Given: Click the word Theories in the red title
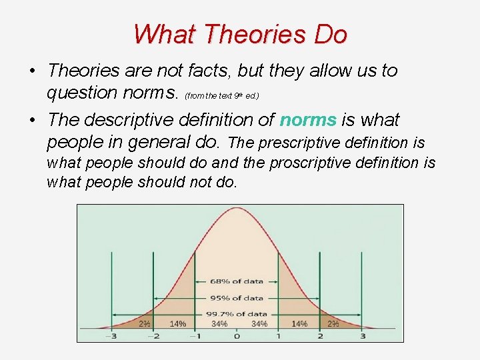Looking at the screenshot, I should click(x=240, y=34).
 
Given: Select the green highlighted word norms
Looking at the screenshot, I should click(x=308, y=120).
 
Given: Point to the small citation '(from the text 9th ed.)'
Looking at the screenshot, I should click(x=222, y=95).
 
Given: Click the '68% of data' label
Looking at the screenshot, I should click(x=237, y=281).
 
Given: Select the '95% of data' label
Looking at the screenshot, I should click(x=237, y=297).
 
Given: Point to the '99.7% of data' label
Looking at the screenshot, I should click(x=237, y=313).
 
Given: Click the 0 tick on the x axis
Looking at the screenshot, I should click(x=237, y=336).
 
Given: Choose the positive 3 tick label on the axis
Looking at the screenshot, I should click(x=363, y=336).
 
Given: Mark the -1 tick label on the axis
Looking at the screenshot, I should click(x=194, y=336).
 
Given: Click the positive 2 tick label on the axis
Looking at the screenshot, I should click(x=321, y=336).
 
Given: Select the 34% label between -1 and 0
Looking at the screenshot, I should click(x=219, y=324).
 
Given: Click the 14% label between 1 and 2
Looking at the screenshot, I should click(x=299, y=324).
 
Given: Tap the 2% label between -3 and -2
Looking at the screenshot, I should click(x=143, y=324).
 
